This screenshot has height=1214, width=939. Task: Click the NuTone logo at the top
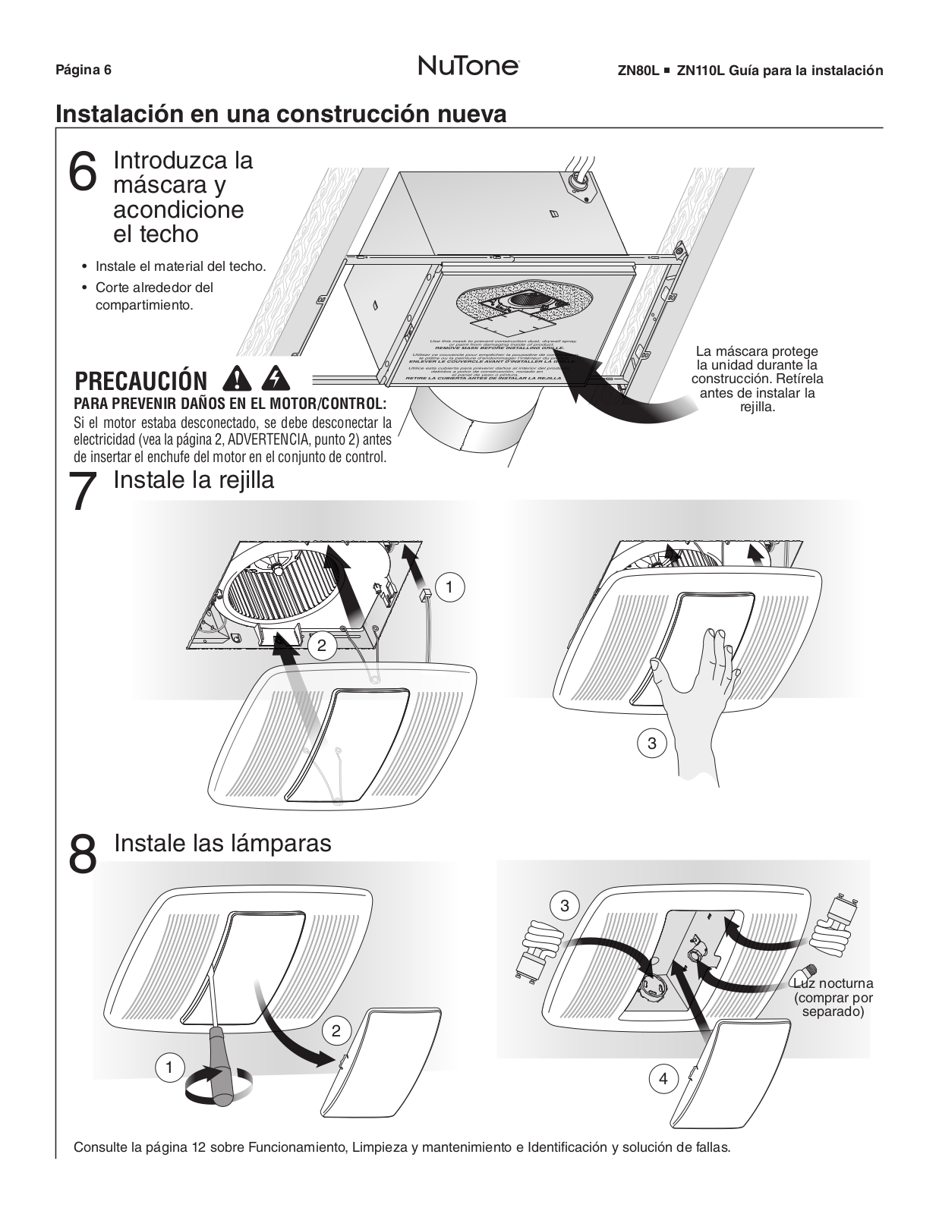point(468,67)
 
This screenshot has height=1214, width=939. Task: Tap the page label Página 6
point(84,71)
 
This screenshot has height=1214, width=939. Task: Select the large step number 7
point(83,492)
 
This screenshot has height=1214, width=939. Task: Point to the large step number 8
point(83,854)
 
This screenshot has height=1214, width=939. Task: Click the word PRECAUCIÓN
point(141,381)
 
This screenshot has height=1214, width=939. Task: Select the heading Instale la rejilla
point(194,480)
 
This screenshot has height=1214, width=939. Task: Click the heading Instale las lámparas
point(222,843)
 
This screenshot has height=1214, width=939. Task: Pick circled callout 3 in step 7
point(651,744)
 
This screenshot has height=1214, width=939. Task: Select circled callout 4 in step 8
point(663,1078)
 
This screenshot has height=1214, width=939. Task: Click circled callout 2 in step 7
point(322,646)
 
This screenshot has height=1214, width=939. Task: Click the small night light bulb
point(805,974)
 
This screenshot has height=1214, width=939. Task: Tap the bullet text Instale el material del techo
point(181,266)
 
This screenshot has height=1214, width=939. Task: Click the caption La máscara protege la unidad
point(757,379)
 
